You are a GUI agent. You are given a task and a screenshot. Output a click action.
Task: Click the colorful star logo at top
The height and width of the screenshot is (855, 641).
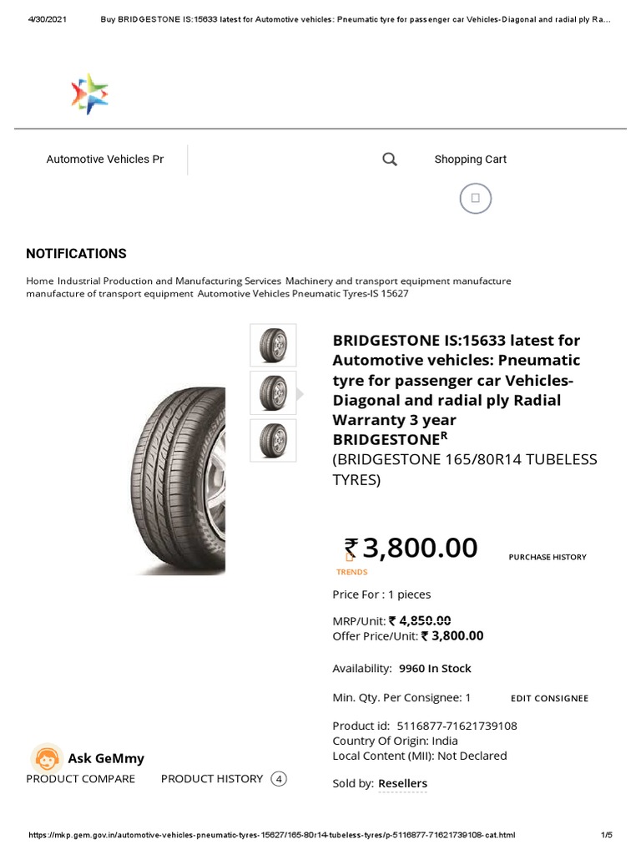pos(89,94)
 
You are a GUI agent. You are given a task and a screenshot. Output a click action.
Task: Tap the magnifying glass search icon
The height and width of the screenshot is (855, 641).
pos(389,159)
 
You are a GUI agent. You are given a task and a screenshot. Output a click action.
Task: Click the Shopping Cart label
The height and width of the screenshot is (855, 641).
pos(470,159)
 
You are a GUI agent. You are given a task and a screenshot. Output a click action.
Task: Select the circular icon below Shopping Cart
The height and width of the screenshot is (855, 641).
pos(475,199)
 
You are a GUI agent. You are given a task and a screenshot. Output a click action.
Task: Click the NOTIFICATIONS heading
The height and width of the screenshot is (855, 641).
pos(76,253)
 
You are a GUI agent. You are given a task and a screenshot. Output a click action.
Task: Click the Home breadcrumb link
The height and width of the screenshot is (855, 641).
pos(39,281)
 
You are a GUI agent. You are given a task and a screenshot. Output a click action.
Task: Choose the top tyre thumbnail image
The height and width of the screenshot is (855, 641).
pos(273,345)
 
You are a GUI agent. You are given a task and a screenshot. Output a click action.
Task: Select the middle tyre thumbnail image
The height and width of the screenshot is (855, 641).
pos(273,392)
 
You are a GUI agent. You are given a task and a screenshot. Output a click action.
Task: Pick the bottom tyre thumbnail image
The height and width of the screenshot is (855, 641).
pos(273,440)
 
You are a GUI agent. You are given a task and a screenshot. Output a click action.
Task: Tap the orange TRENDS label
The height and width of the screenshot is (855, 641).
pos(351,572)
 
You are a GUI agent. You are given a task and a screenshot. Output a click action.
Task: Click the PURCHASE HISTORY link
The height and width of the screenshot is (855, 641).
pos(548,557)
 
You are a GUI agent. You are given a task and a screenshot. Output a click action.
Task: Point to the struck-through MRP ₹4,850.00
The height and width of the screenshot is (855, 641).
pos(425,620)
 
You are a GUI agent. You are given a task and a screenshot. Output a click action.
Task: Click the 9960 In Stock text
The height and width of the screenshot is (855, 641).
pos(435,668)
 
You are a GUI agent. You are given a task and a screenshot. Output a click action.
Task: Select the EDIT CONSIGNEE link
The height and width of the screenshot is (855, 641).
pos(549,698)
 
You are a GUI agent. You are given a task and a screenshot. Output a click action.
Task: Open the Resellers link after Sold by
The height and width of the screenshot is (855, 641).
pos(402,783)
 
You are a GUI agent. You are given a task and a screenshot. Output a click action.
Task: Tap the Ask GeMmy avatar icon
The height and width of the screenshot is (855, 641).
pos(47,758)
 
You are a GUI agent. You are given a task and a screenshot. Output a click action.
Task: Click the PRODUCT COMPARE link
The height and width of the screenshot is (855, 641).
pos(80,778)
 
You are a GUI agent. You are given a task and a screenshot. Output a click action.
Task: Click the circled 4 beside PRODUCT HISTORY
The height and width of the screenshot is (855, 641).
pos(280,779)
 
